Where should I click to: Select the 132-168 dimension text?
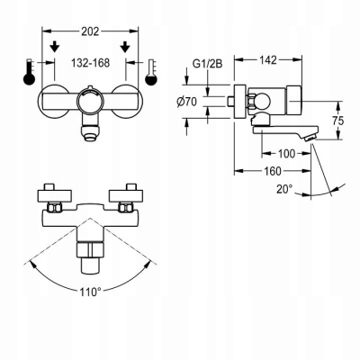point(92,62)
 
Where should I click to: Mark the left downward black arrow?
point(56,47)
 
